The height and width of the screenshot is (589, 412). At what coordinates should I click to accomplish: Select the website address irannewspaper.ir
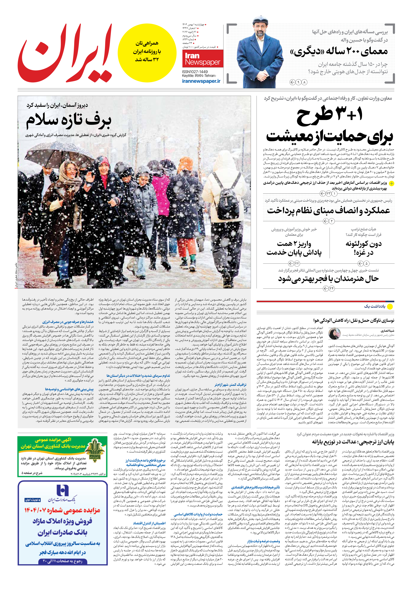point(201,81)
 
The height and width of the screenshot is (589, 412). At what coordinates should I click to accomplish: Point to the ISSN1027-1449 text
point(195,72)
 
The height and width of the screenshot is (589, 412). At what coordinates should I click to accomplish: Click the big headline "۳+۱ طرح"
point(330,116)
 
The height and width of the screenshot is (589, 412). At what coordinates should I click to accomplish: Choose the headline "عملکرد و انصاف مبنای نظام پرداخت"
point(328,211)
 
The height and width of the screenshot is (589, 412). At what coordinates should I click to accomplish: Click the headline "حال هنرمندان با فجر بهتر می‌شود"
point(328,279)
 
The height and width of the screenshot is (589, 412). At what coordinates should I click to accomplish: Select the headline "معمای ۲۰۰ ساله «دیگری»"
point(339,51)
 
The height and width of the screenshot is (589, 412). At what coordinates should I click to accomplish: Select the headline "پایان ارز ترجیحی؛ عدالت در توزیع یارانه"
point(353,442)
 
